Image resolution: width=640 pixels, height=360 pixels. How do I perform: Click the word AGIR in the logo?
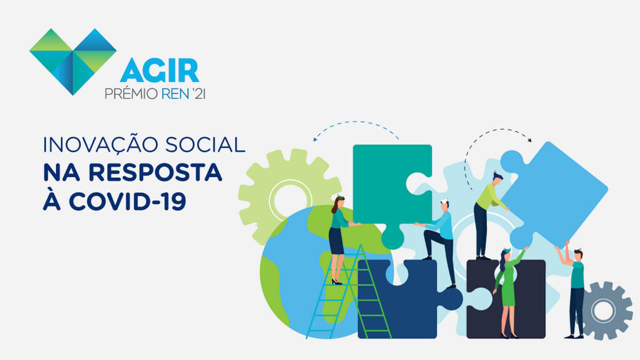159,70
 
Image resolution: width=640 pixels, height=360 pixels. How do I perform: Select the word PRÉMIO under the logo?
131,94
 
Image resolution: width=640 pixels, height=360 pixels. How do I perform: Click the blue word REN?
175,94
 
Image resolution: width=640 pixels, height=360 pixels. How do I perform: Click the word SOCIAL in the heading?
205,145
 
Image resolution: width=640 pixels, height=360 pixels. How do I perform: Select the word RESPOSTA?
155,172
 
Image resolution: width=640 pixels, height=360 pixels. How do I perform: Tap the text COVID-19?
127,201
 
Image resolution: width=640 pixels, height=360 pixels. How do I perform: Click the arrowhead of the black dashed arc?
530,140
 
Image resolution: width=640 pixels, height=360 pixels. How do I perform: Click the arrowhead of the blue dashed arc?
315,139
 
